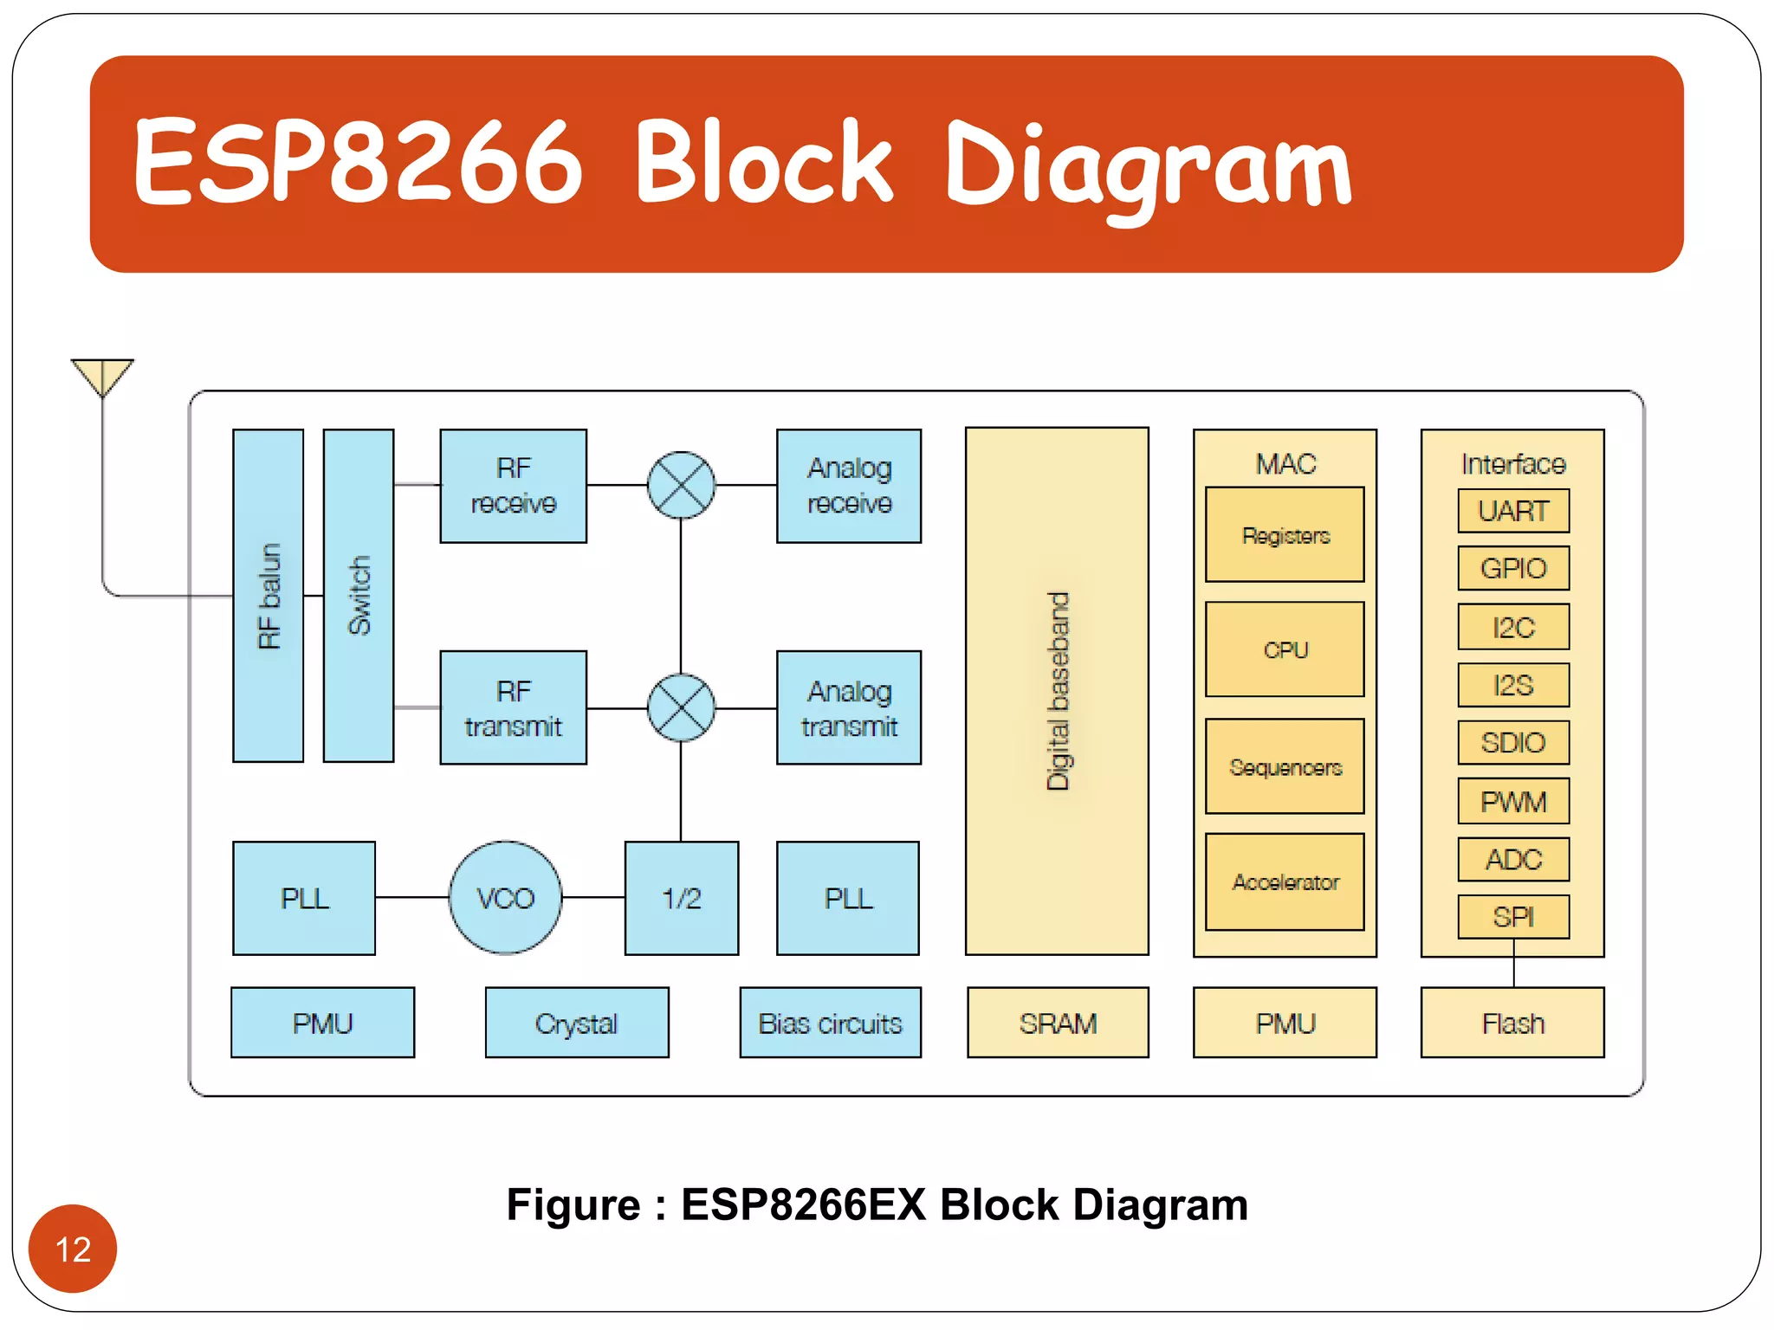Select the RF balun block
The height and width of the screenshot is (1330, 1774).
coord(269,596)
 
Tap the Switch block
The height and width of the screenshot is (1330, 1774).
coord(359,596)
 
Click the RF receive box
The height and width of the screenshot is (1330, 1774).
coord(513,486)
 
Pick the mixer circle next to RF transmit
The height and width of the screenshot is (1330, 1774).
coord(681,707)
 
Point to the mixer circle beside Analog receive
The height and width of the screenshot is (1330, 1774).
coord(681,485)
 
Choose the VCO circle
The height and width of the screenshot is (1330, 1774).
coord(506,898)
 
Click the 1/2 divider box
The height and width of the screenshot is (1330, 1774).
coord(682,898)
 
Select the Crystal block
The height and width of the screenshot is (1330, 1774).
coord(577,1023)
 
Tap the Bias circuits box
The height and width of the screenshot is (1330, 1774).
coord(830,1023)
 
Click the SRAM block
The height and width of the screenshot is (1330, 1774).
coord(1058,1023)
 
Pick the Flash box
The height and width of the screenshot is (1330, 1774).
coord(1512,1023)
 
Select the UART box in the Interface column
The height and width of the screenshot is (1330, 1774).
coord(1513,511)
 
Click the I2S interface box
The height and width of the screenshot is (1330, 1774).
coord(1513,685)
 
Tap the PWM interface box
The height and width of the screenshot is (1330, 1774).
coord(1513,801)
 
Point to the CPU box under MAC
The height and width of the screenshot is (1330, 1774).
coord(1285,649)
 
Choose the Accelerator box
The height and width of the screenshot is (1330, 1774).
coord(1285,881)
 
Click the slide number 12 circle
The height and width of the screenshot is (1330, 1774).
coord(73,1249)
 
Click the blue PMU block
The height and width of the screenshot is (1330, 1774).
coord(322,1023)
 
